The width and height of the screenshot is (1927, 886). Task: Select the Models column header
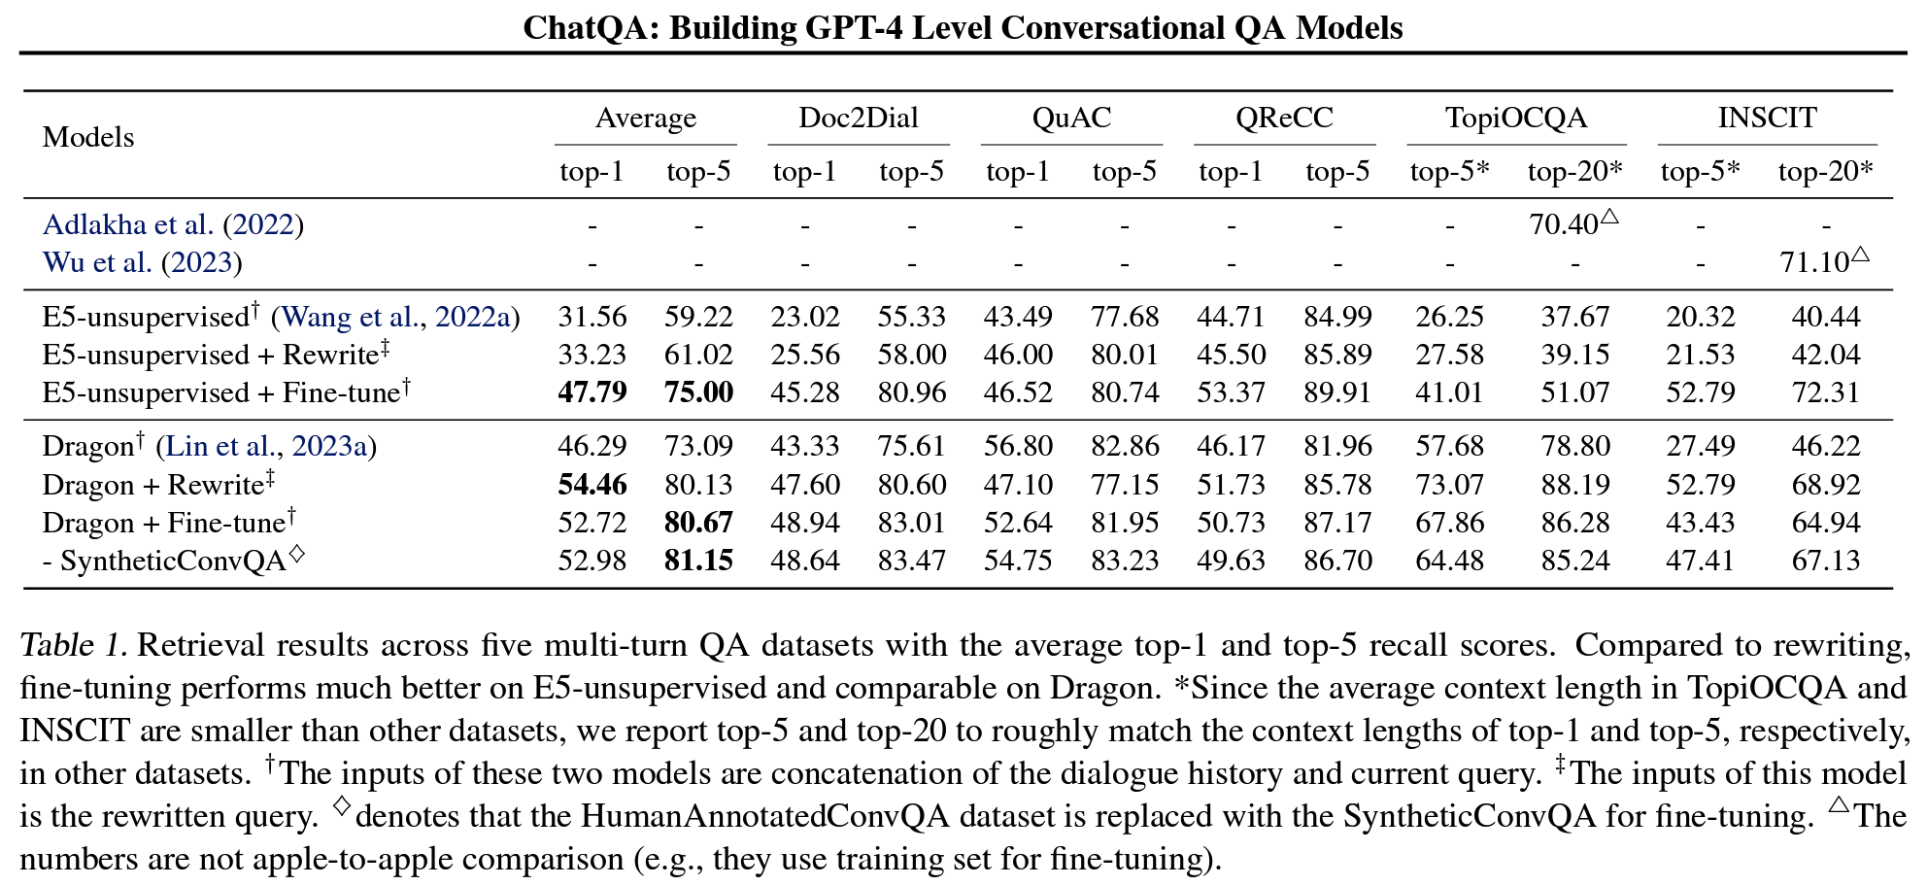point(88,137)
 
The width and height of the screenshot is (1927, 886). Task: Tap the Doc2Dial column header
point(858,118)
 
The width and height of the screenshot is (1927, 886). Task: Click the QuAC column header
point(1071,118)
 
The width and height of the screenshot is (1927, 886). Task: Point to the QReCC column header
point(1284,118)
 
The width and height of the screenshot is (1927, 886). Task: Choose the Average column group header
point(645,118)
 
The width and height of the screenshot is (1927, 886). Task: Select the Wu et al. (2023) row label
point(142,262)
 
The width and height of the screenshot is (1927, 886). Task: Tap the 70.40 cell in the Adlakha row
point(1564,224)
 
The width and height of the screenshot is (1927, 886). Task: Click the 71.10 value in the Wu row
point(1814,262)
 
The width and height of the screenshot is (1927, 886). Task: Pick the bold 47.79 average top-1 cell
point(592,392)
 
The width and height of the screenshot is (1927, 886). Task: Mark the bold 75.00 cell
point(698,392)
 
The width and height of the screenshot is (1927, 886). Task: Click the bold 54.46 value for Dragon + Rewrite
point(592,485)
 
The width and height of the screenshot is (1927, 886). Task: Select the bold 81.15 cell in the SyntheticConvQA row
point(698,561)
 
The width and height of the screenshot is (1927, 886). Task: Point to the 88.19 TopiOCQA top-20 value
point(1574,485)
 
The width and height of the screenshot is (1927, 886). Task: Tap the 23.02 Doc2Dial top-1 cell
point(804,317)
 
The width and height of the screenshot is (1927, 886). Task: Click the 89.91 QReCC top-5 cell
point(1337,392)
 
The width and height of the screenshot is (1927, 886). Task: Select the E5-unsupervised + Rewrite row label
point(214,355)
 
